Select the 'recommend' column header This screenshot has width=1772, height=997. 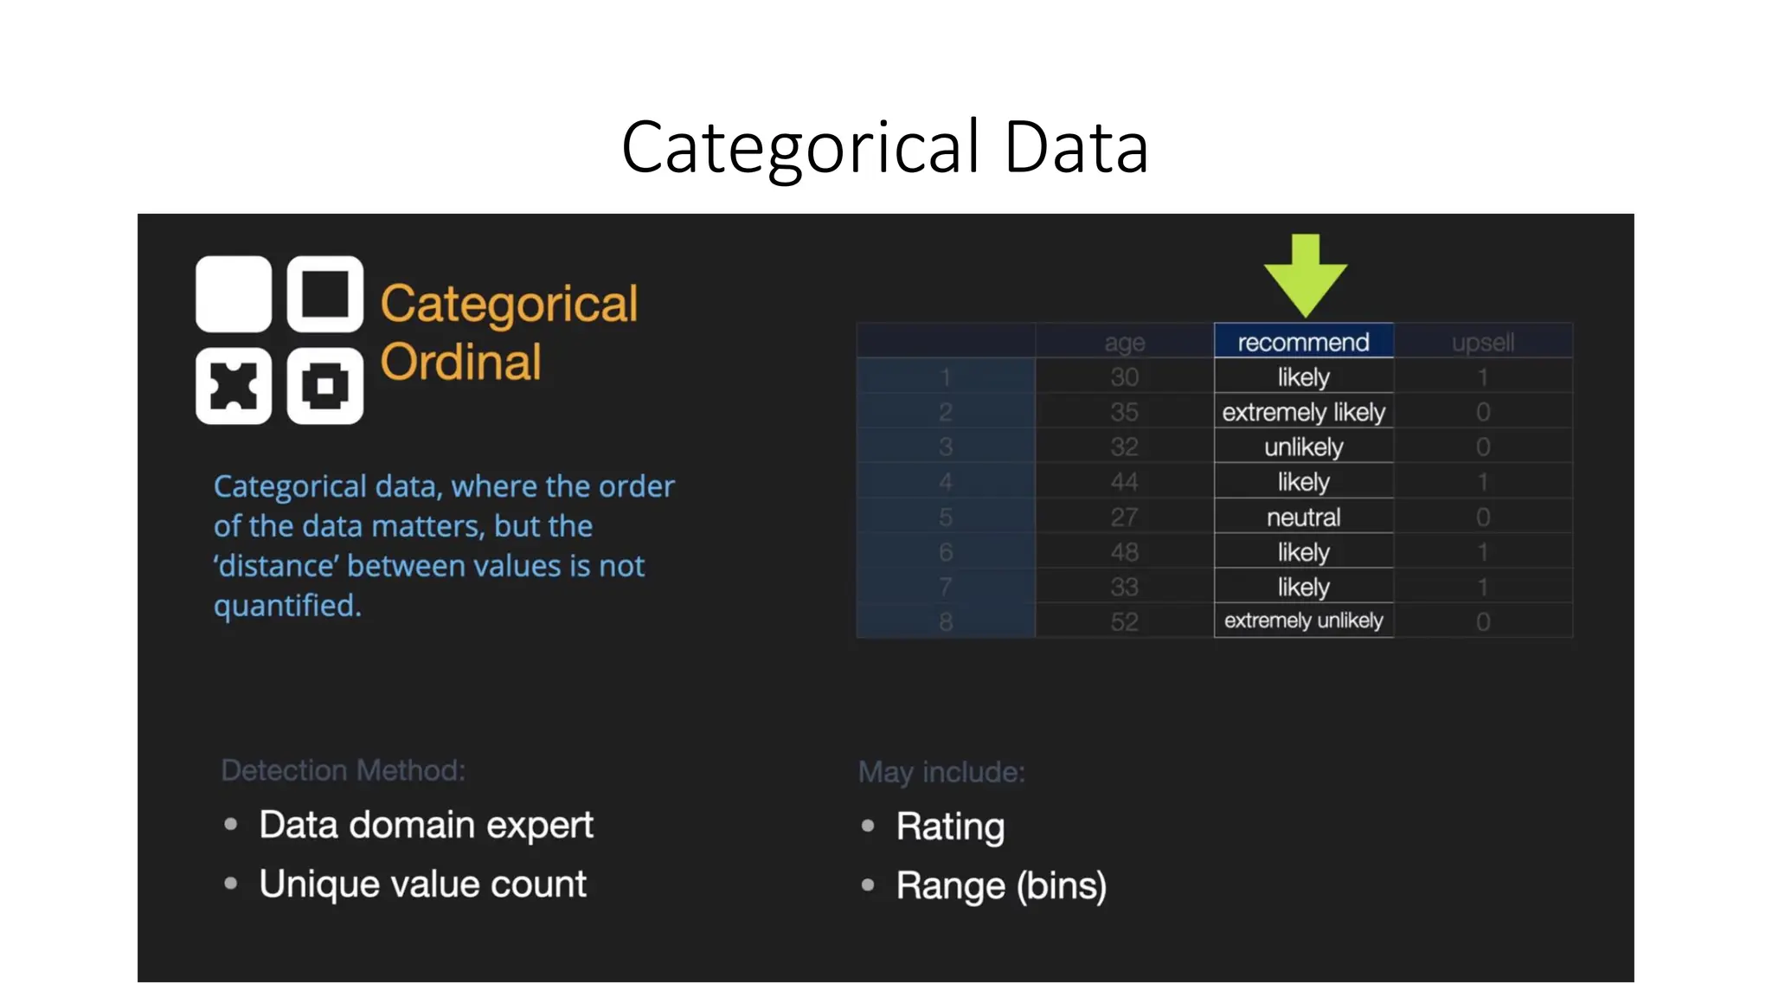tap(1303, 342)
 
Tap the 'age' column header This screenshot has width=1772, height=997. tap(1124, 343)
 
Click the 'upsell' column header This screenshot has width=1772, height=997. tap(1482, 343)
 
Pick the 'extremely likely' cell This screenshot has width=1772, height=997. tap(1303, 412)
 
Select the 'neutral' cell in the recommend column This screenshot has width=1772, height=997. tap(1303, 518)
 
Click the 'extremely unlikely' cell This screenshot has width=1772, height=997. tap(1303, 621)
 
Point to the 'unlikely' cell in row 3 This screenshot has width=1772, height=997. tap(1303, 447)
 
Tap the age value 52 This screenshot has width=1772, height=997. tap(1124, 621)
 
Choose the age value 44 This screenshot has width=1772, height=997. tap(1124, 482)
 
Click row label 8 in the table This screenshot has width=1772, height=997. tap(946, 621)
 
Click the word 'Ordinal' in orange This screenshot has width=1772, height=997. tap(460, 362)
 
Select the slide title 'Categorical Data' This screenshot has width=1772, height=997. tap(884, 147)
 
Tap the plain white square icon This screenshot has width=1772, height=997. tap(234, 294)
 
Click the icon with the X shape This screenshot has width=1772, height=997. tap(234, 386)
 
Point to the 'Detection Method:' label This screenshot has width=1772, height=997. tap(343, 770)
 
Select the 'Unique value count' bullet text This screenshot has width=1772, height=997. tap(422, 884)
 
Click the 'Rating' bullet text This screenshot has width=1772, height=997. tap(950, 827)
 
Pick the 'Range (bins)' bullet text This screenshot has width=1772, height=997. tap(1001, 886)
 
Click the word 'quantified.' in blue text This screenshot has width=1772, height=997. tap(287, 606)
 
